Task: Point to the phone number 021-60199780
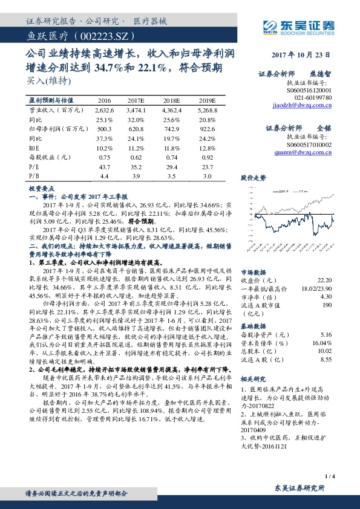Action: [x=313, y=97]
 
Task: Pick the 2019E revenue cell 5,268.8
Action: [x=206, y=111]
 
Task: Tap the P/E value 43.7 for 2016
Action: [x=104, y=166]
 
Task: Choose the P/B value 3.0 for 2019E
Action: [x=206, y=175]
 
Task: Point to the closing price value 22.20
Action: [x=324, y=280]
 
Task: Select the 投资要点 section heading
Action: [x=41, y=189]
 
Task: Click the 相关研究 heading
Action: [x=252, y=378]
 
